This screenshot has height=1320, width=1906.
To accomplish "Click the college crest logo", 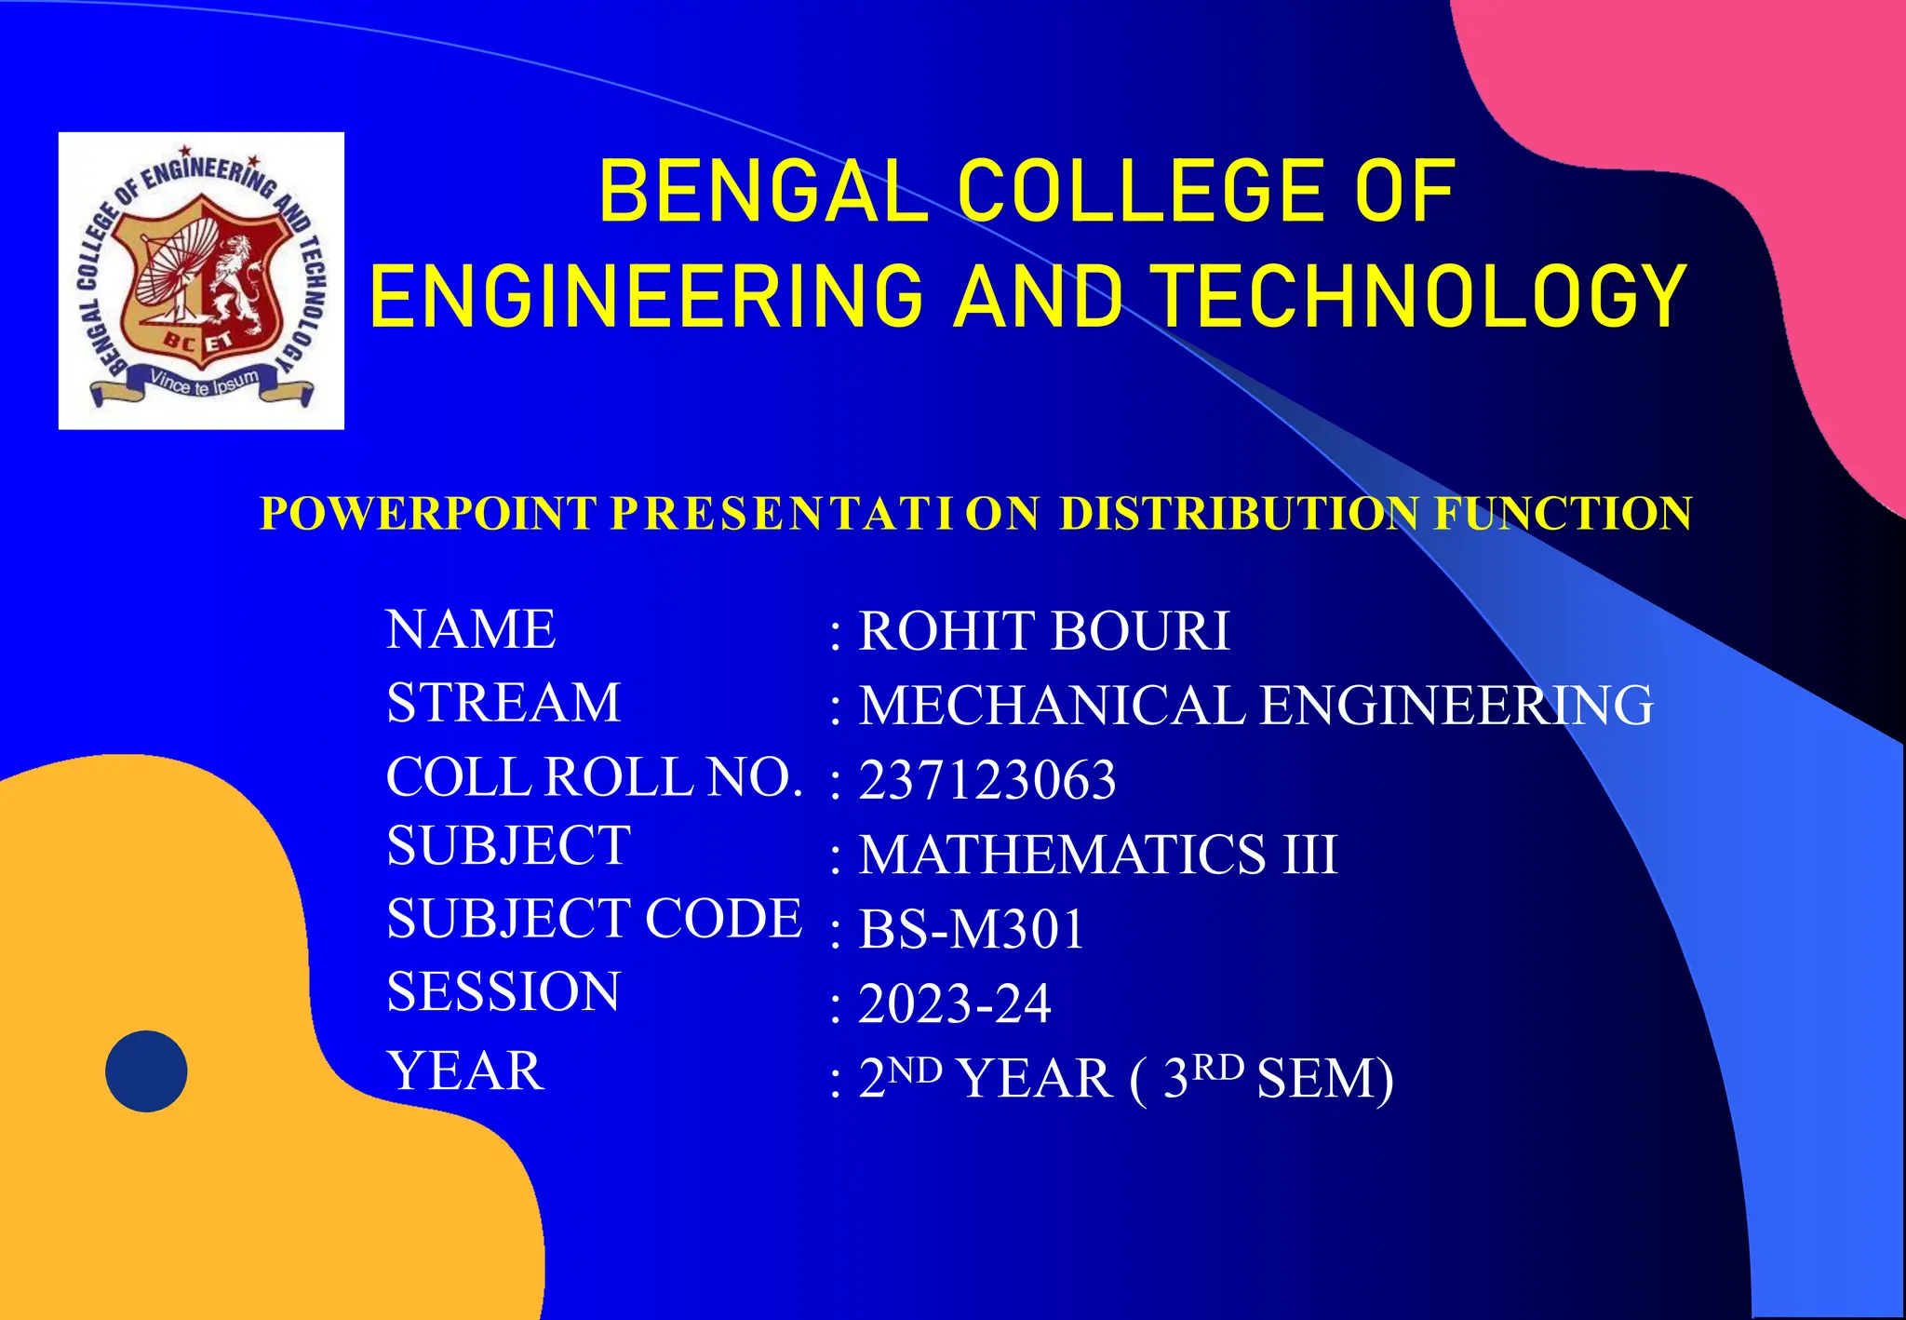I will tap(201, 280).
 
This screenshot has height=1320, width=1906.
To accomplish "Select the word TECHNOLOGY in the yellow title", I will tap(1421, 296).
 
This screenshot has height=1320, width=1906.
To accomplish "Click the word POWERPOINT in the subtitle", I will tap(428, 514).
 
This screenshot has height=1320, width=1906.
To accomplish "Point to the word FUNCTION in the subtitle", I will tap(1563, 514).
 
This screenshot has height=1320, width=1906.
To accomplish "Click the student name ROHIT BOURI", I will tap(1043, 631).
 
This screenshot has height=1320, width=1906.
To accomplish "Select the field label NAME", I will tap(471, 629).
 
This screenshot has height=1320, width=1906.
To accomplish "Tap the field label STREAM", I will tap(503, 702).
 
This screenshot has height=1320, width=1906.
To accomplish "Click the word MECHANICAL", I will tap(1052, 705).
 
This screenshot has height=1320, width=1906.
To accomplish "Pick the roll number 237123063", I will tap(987, 780).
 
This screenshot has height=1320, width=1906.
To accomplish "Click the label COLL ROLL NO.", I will tap(594, 776).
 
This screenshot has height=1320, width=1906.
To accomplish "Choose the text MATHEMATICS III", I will tap(1098, 854).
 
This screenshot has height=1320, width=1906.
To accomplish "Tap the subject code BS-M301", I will tap(972, 929).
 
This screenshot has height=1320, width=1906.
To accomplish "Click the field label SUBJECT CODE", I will tap(594, 919).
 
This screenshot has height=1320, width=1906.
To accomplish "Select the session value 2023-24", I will tap(954, 1003).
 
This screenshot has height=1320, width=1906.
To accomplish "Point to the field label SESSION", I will tap(503, 991).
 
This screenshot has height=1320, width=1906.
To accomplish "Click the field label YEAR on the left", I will tap(465, 1071).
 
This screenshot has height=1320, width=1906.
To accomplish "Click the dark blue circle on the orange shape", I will tap(146, 1071).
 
